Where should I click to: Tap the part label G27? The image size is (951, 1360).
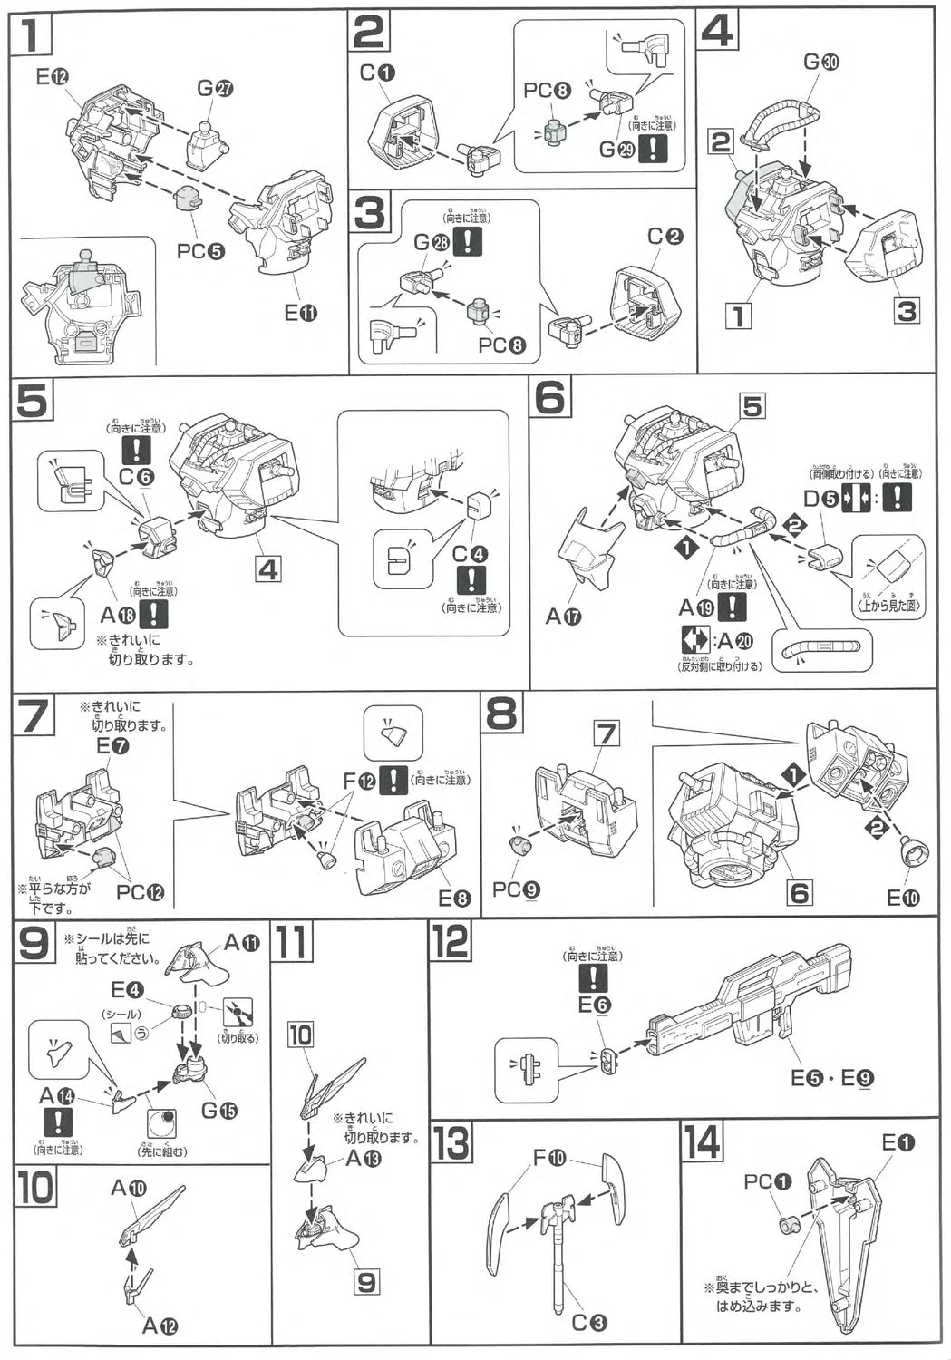coord(216,88)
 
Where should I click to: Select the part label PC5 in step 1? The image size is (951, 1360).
coord(200,251)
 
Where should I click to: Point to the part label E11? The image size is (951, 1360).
coord(301,314)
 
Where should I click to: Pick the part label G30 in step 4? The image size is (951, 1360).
coord(821,62)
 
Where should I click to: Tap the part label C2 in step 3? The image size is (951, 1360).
coord(665,237)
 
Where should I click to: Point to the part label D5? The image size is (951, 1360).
coord(820,498)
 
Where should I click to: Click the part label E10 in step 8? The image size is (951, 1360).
coord(903,898)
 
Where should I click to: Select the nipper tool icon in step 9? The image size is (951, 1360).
coord(238,1012)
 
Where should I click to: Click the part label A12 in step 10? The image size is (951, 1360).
coord(160,1326)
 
